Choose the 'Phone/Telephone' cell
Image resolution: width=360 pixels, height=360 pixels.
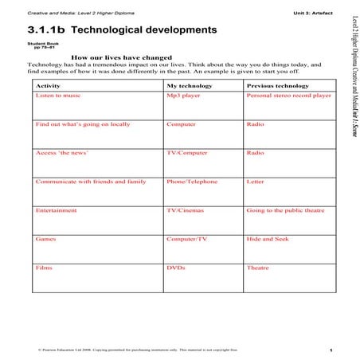pyautogui.click(x=192, y=182)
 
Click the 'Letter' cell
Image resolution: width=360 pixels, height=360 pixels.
pyautogui.click(x=256, y=182)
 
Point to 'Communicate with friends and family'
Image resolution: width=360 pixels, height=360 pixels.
pyautogui.click(x=91, y=182)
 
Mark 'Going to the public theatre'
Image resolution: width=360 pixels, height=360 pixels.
pyautogui.click(x=285, y=210)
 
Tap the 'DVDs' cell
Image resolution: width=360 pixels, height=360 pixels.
pyautogui.click(x=176, y=268)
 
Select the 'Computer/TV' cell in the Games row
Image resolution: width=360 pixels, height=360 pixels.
pyautogui.click(x=187, y=239)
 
